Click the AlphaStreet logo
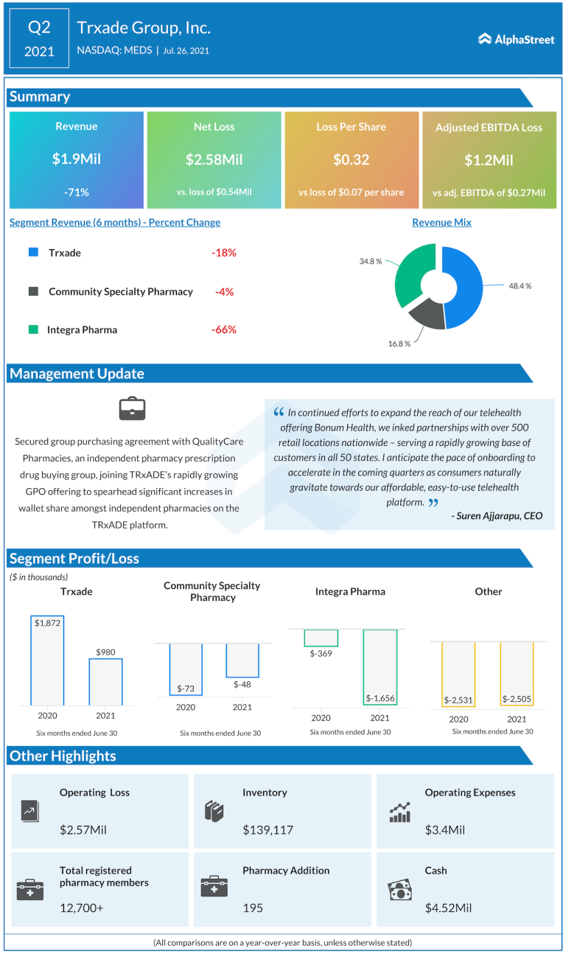[516, 39]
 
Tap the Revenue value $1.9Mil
[76, 159]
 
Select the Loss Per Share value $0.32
[351, 159]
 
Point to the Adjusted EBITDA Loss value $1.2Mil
[489, 160]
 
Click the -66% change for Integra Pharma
[223, 330]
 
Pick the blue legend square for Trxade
[33, 252]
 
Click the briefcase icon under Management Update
[132, 409]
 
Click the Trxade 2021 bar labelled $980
[106, 682]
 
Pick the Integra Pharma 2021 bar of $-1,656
[380, 667]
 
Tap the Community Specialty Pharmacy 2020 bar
[186, 669]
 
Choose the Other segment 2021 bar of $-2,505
[517, 674]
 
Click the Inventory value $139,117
[268, 830]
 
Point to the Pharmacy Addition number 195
[253, 908]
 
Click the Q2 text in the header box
[39, 28]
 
